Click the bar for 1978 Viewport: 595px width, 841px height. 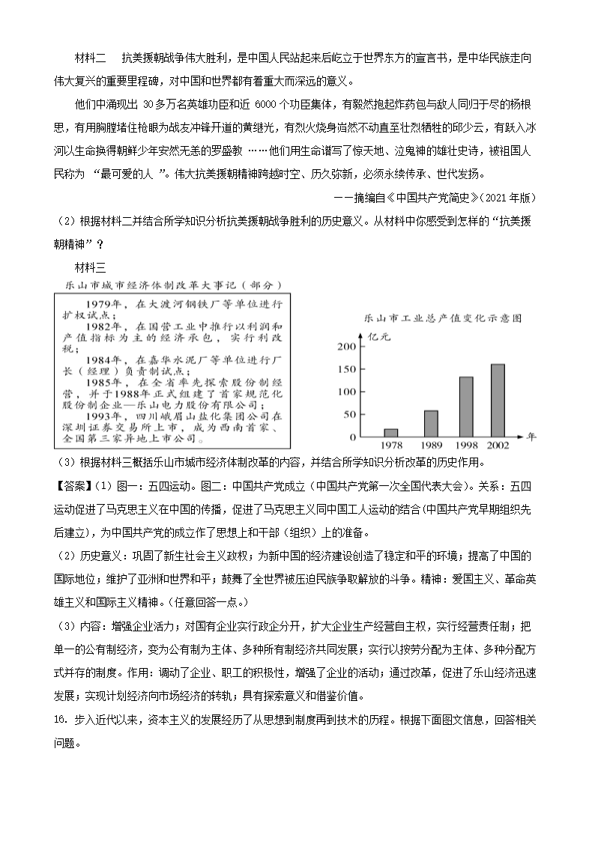pyautogui.click(x=390, y=432)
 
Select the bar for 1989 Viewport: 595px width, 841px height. pyautogui.click(x=431, y=423)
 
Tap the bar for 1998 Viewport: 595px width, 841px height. pyautogui.click(x=466, y=406)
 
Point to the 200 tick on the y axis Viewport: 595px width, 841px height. pyautogui.click(x=345, y=347)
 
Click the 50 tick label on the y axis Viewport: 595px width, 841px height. pyautogui.click(x=348, y=413)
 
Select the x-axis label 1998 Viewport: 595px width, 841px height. pyautogui.click(x=466, y=446)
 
